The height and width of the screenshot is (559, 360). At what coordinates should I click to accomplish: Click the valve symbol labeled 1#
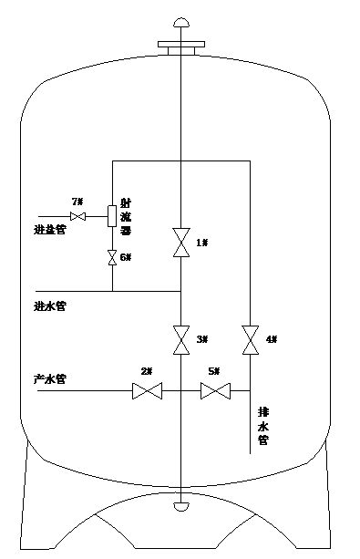(x=180, y=243)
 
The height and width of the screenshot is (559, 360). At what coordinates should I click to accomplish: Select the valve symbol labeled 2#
(x=146, y=392)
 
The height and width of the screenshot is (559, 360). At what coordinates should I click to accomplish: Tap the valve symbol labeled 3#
(x=180, y=341)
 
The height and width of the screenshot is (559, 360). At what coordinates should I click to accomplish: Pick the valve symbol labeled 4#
(x=248, y=339)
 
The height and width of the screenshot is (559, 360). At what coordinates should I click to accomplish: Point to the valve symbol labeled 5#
(x=215, y=392)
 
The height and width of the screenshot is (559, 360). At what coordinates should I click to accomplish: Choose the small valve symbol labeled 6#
(x=112, y=257)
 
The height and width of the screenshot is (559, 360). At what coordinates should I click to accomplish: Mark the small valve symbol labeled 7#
(x=78, y=216)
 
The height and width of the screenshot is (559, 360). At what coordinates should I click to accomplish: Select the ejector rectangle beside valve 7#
(x=112, y=216)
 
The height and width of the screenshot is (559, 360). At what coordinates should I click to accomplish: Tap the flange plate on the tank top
(x=180, y=44)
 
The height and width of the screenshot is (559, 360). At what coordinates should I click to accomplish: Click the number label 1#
(x=202, y=243)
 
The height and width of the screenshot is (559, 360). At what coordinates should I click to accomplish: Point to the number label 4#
(x=271, y=339)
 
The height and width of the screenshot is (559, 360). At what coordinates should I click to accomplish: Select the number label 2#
(x=146, y=372)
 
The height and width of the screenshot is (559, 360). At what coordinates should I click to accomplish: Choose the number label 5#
(x=214, y=372)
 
